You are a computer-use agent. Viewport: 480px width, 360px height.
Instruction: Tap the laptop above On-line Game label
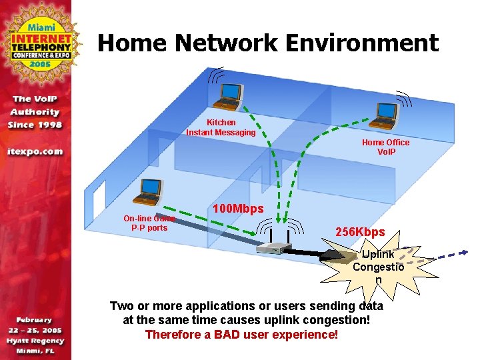(x=148, y=191)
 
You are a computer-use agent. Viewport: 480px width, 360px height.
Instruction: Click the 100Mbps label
(x=238, y=209)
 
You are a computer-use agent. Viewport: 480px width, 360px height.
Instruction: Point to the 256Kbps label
(x=360, y=232)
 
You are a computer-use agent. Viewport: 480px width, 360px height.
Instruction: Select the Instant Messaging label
(x=221, y=132)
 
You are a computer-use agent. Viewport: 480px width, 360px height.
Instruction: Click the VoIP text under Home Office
(x=386, y=151)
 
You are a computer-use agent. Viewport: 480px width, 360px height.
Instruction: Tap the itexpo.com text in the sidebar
(x=35, y=151)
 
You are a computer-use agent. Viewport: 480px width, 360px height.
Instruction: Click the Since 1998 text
(x=35, y=125)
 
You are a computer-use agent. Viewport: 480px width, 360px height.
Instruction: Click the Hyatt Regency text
(x=36, y=340)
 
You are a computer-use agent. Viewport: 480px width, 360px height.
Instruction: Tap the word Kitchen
(x=221, y=123)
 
